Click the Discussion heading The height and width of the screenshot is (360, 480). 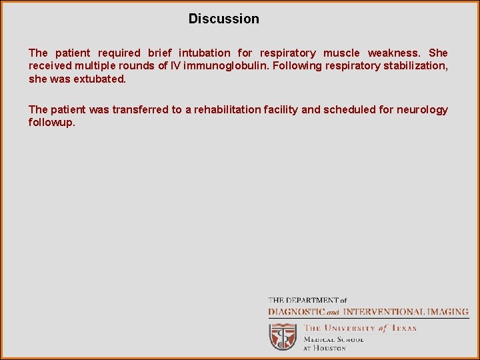(x=223, y=19)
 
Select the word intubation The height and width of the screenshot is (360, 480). (x=205, y=53)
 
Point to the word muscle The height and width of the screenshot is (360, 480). (x=341, y=53)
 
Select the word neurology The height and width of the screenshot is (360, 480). (x=422, y=109)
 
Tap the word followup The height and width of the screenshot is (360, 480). (x=51, y=123)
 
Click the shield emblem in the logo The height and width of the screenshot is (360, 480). (x=283, y=337)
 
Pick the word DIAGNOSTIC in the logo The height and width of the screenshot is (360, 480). (x=297, y=311)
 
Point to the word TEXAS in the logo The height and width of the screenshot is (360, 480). (x=403, y=328)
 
